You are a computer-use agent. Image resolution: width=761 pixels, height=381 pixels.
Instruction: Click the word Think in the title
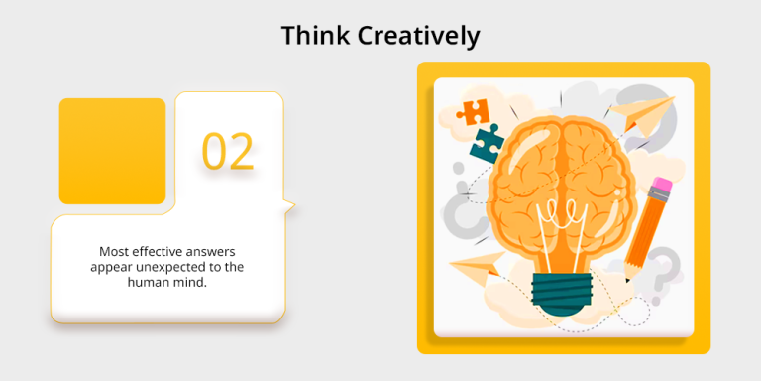click(312, 36)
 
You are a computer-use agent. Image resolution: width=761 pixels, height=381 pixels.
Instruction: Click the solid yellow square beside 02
click(112, 151)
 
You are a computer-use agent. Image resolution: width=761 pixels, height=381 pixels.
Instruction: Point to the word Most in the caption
click(114, 252)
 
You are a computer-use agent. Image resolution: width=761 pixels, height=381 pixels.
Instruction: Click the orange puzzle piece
click(473, 111)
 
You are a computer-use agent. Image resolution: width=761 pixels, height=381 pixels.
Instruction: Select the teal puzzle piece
click(487, 142)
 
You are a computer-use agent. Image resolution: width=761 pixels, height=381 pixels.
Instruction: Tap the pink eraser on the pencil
click(661, 187)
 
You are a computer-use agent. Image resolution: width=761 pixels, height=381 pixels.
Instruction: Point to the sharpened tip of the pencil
click(628, 279)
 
